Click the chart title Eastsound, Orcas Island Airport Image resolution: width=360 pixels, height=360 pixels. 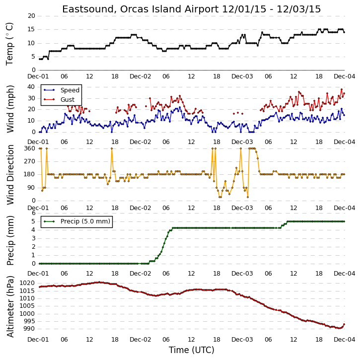tap(141, 9)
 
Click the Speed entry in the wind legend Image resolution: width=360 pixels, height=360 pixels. tap(70, 90)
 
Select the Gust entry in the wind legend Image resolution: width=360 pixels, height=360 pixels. tap(68, 100)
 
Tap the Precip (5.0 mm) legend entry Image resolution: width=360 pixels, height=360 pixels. tap(85, 221)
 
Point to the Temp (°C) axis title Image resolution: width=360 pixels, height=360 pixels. tap(9, 44)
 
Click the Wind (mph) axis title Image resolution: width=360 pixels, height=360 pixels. tap(10, 109)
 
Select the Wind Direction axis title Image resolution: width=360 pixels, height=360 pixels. tap(10, 175)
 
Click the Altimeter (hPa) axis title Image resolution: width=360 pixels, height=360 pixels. tap(10, 306)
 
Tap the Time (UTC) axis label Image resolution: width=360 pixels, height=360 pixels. tap(192, 350)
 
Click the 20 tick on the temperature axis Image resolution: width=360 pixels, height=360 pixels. tap(31, 16)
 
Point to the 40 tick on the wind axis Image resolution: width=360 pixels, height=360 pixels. tap(31, 87)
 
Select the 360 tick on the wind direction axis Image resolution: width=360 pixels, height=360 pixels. tap(30, 148)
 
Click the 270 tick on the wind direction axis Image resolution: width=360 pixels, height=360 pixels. tap(30, 161)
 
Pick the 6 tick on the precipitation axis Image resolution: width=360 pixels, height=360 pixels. tap(34, 213)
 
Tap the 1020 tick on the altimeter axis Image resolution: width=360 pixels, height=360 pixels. tap(27, 283)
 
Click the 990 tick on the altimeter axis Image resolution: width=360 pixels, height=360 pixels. tap(29, 329)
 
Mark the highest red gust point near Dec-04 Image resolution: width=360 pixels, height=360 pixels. tap(342, 89)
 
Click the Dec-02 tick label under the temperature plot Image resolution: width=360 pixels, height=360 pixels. tap(141, 76)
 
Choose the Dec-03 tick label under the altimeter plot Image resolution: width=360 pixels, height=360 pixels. tap(242, 339)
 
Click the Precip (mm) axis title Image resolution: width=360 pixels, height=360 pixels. tap(10, 240)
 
